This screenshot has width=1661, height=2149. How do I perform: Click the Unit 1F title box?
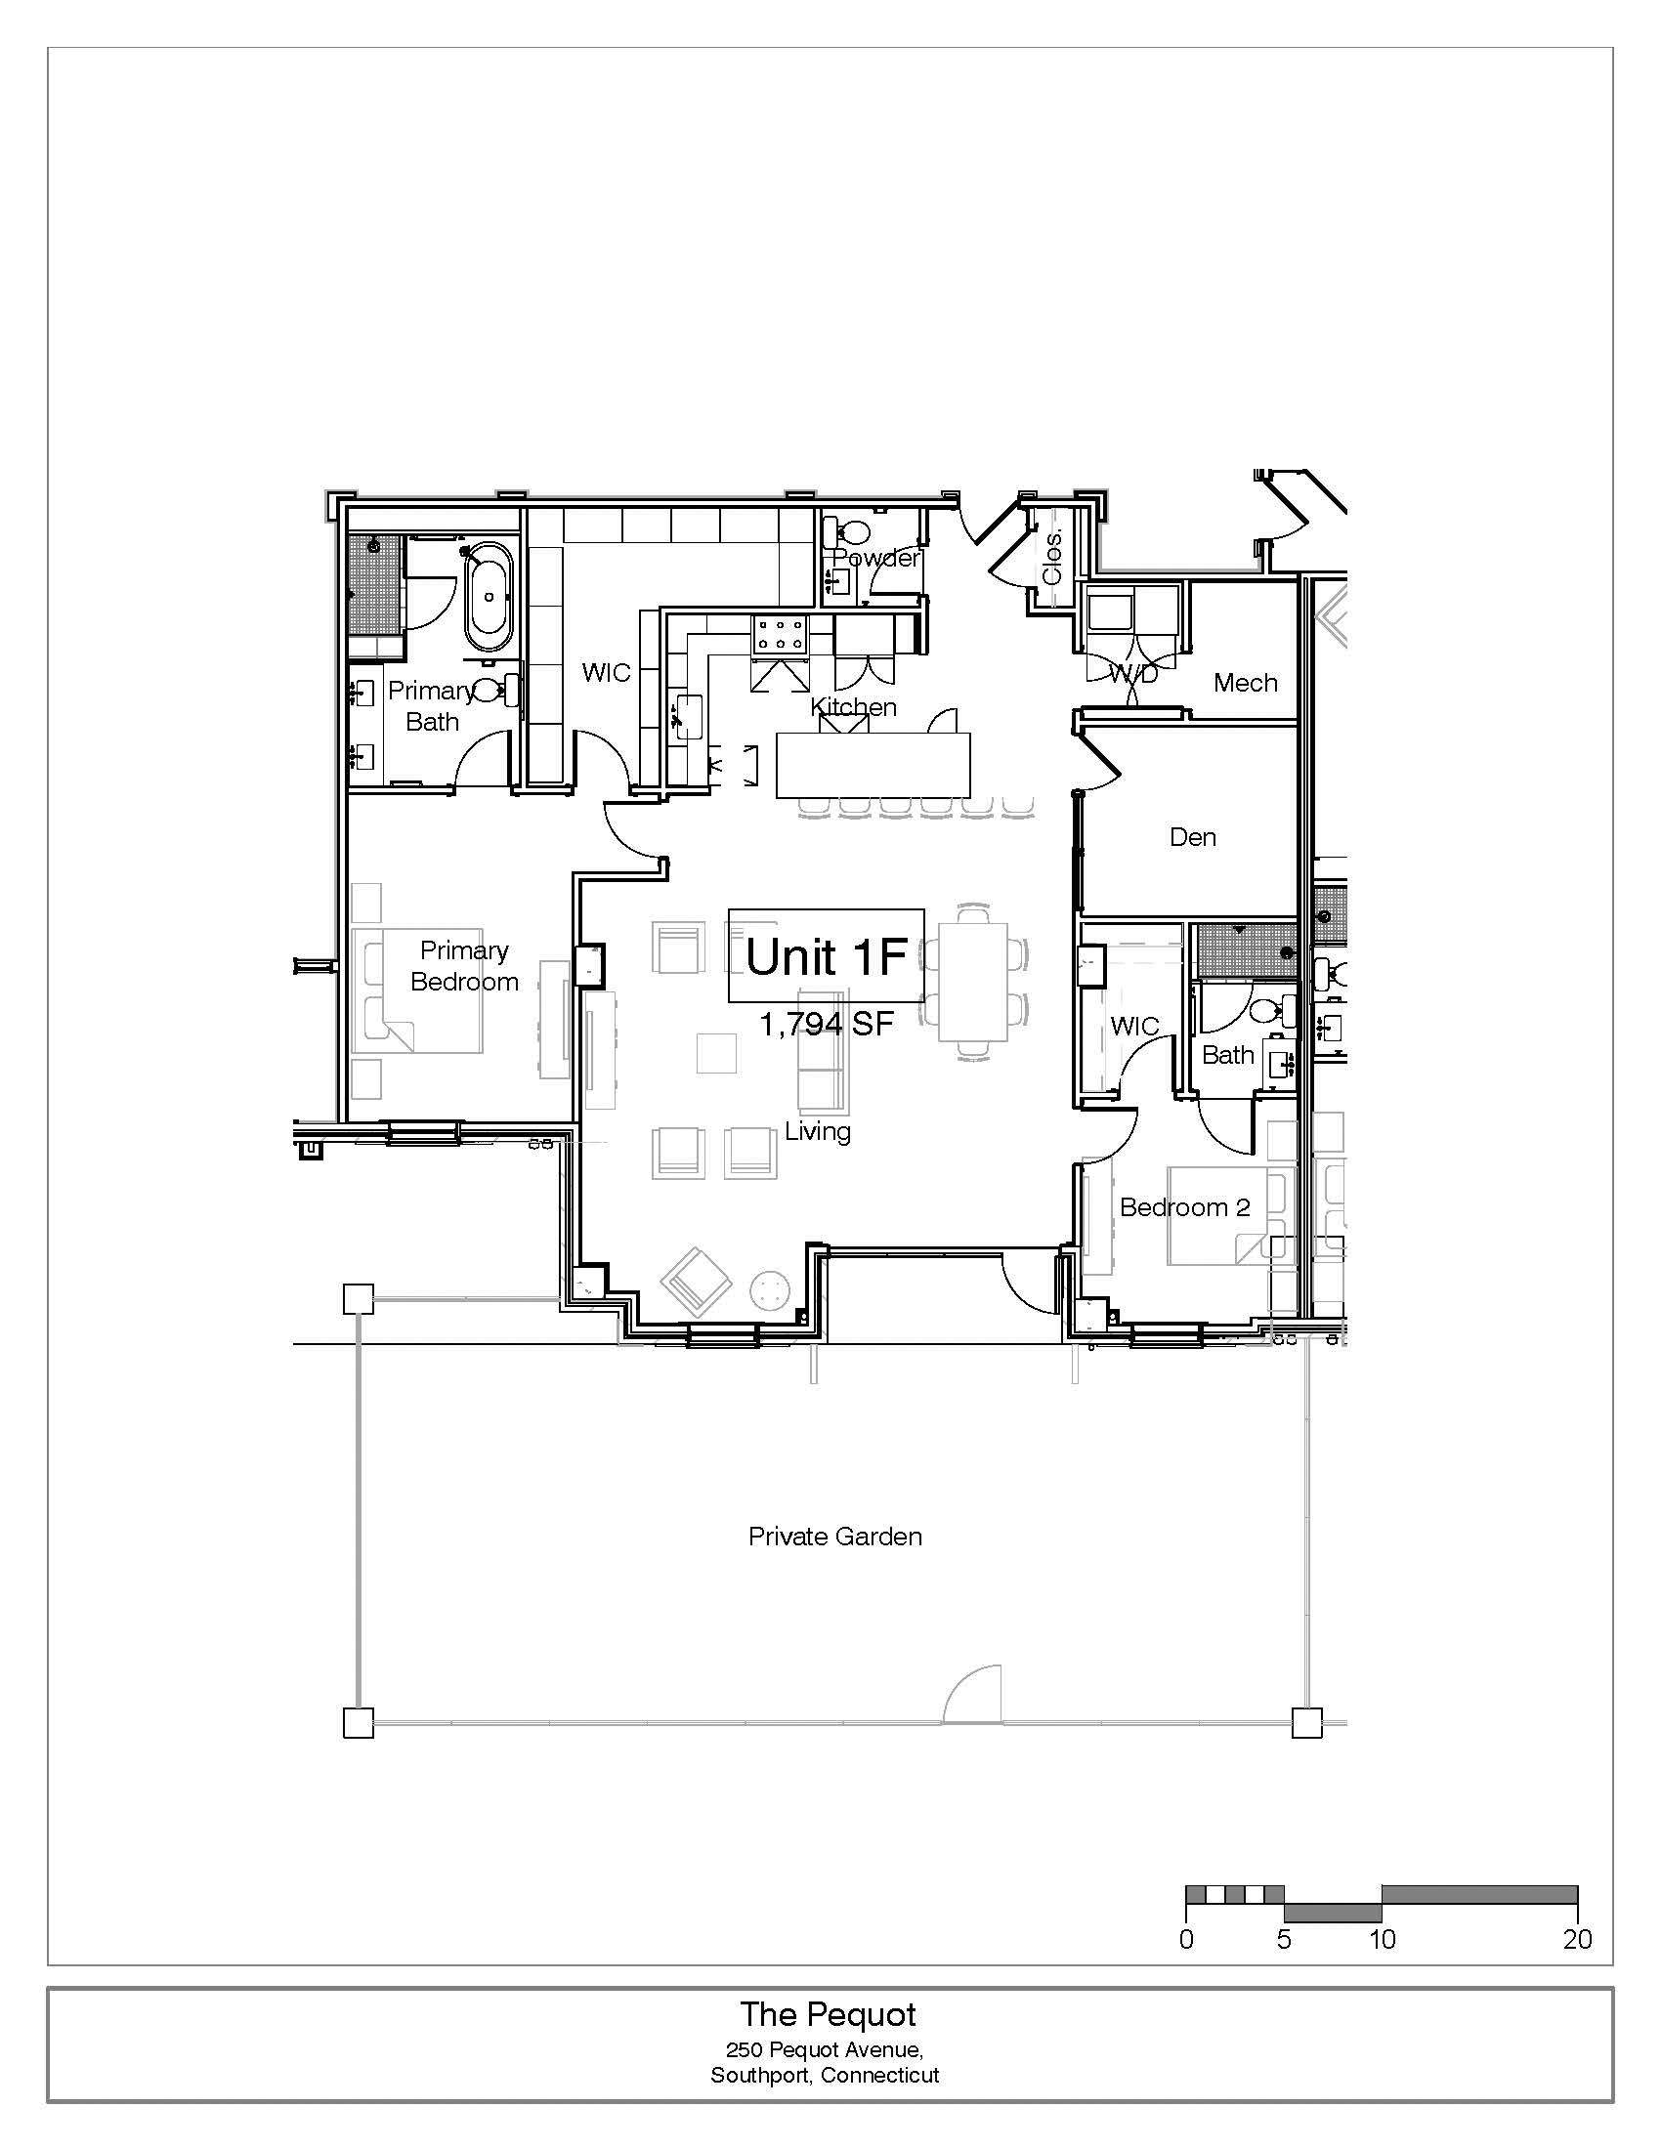(826, 955)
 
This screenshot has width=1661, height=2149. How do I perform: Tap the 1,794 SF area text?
(827, 1025)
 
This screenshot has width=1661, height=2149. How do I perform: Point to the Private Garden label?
(835, 1536)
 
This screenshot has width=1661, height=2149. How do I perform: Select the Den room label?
(1193, 837)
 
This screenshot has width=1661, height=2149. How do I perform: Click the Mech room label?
(1246, 682)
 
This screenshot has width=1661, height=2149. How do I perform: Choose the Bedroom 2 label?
(1185, 1207)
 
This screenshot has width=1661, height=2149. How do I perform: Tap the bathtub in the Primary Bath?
(489, 599)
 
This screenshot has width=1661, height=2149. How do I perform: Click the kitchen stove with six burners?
(780, 636)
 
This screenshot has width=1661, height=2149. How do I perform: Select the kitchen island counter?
(873, 765)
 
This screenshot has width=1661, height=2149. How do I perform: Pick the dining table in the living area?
(973, 981)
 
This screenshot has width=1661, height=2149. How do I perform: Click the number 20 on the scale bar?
(1577, 1939)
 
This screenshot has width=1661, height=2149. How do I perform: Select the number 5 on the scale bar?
(1284, 1939)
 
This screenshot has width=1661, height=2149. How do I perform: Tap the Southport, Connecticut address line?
(825, 2075)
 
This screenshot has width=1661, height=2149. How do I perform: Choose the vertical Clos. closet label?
(1052, 558)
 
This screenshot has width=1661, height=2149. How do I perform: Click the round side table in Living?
(771, 1290)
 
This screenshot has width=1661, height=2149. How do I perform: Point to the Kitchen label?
(853, 706)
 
